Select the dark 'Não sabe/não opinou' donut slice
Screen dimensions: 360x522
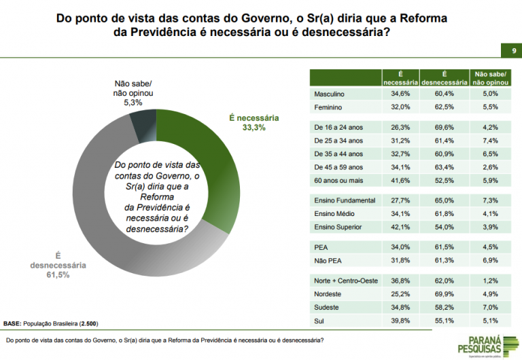[x=143, y=123]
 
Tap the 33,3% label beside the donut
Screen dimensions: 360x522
[x=251, y=127]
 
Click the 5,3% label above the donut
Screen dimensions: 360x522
[x=133, y=103]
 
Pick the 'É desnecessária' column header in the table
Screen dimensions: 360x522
[x=443, y=78]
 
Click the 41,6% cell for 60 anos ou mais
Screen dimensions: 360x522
[x=400, y=180]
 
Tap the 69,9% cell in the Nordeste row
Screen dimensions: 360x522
[x=443, y=294]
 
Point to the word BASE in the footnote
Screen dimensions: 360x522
[x=12, y=323]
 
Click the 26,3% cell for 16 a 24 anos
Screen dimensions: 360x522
[x=400, y=127]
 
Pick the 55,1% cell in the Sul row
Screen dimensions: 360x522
[x=443, y=319]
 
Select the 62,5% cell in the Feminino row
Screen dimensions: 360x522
[x=443, y=107]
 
